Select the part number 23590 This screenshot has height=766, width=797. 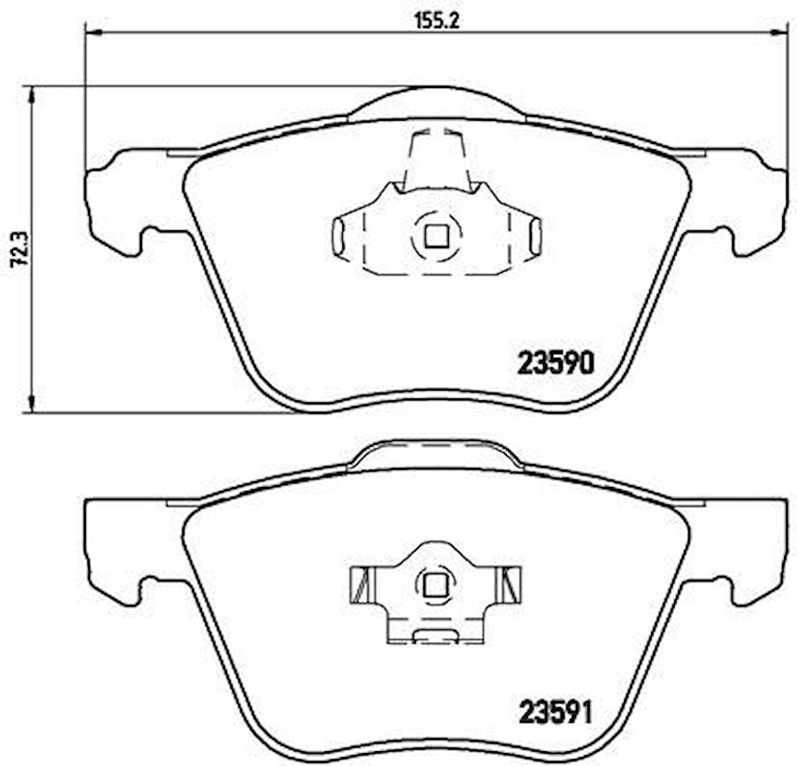click(x=555, y=364)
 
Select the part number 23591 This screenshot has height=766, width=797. click(x=554, y=712)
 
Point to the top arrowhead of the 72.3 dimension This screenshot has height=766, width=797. click(x=30, y=95)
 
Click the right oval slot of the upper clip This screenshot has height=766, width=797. click(x=535, y=236)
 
